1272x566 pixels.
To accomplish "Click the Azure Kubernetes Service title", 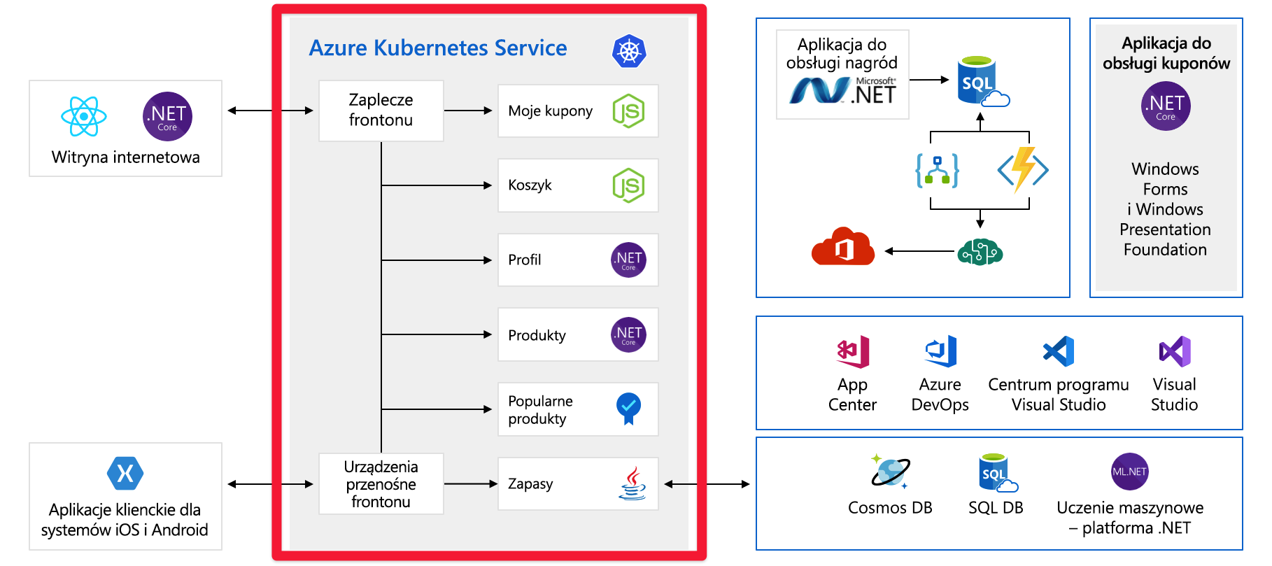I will [x=438, y=48].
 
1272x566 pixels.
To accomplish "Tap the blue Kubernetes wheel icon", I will [x=629, y=51].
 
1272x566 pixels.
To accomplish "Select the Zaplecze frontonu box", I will [x=381, y=111].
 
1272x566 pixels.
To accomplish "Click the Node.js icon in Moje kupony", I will [x=628, y=111].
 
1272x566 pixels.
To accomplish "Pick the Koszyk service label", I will [x=530, y=185].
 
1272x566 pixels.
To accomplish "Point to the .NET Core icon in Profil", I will [x=628, y=260].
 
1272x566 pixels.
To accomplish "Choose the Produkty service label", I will [x=537, y=335].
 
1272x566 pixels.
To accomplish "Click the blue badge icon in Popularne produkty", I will [x=628, y=408].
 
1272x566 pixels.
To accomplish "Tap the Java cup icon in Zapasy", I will [x=632, y=483].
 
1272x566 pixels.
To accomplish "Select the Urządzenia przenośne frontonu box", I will [x=381, y=484].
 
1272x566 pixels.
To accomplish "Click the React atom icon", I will [x=84, y=116].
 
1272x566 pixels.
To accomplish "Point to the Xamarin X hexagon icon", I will [x=125, y=474].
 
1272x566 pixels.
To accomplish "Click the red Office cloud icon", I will [x=843, y=246].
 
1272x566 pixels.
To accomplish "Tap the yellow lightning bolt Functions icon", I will [x=1023, y=169].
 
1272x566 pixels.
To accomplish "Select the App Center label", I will [x=852, y=395].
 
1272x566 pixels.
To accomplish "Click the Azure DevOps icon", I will [x=940, y=351].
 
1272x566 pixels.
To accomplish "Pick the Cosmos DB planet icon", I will [x=890, y=472].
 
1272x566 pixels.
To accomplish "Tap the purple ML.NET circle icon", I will [x=1129, y=472].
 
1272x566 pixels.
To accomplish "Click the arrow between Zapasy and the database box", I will [x=707, y=483].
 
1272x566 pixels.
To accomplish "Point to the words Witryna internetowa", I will [x=126, y=157].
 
